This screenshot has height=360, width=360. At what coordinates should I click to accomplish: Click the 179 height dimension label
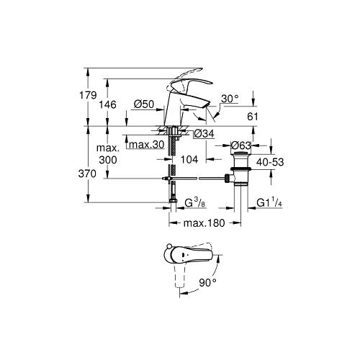[88, 96]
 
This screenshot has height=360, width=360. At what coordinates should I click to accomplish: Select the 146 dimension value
[108, 104]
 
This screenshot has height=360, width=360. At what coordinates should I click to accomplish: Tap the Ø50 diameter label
[144, 104]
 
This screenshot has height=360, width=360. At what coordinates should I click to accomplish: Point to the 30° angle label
[230, 99]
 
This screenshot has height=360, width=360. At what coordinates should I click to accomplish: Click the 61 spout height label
[253, 117]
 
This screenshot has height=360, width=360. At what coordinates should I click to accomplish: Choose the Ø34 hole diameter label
[204, 134]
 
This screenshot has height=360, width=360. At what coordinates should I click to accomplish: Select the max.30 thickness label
[147, 145]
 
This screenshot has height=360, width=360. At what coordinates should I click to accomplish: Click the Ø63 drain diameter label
[240, 145]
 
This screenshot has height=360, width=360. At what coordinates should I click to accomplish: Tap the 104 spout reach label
[189, 159]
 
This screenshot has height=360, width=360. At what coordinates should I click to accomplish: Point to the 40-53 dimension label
[270, 162]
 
